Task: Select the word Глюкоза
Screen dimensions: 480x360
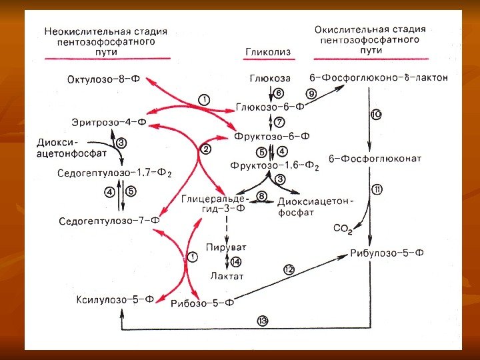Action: point(266,79)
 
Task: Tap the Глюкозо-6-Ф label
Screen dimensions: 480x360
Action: point(270,106)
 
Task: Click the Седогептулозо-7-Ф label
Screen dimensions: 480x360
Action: point(109,220)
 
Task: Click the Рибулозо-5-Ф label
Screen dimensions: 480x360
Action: point(387,253)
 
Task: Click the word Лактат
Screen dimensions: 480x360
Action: point(227,275)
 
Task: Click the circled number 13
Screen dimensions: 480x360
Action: point(263,321)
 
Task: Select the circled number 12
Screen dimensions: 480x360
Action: point(288,269)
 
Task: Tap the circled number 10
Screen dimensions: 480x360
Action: point(375,115)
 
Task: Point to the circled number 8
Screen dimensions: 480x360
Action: point(261,196)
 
